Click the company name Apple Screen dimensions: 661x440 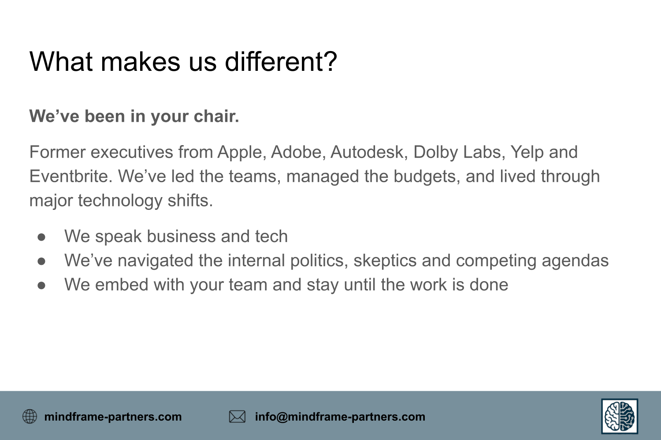click(240, 153)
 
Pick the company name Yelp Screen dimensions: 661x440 click(527, 153)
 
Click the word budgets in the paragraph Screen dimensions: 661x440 click(427, 177)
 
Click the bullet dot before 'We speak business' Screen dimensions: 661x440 click(41, 237)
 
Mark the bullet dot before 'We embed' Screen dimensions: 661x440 click(41, 286)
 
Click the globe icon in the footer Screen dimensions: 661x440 click(30, 416)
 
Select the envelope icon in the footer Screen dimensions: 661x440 click(237, 417)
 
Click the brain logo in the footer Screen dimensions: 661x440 click(620, 416)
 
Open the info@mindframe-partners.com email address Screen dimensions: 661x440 click(340, 417)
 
